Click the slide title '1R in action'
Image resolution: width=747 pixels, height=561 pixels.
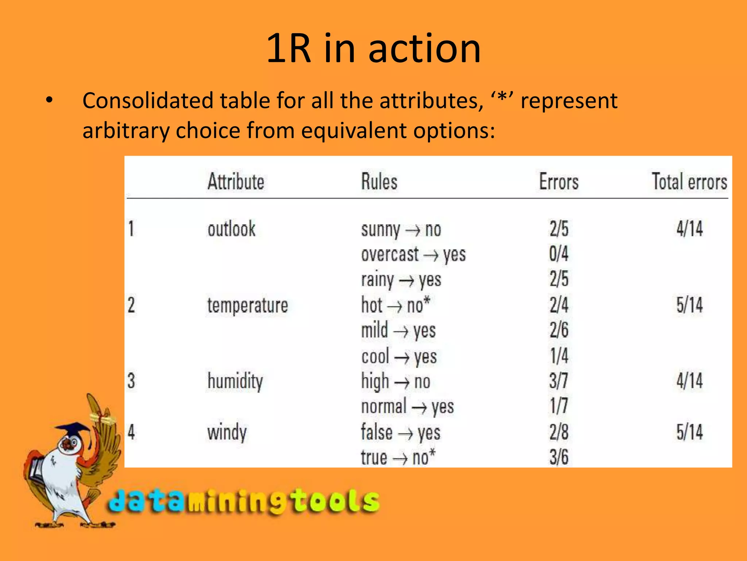coord(373,48)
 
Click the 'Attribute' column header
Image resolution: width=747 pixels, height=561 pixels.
coord(236,182)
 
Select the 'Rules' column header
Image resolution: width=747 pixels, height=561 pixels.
coord(379,182)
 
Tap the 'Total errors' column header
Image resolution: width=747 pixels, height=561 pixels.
coord(689,182)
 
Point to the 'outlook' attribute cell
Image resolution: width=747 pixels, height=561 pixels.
coord(232,229)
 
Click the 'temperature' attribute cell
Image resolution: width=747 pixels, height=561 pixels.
coord(248,305)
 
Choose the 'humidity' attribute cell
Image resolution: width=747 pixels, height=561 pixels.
coord(235,381)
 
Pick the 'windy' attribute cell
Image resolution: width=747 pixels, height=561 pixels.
coord(227,432)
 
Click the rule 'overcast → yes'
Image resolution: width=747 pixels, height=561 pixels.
coord(413,255)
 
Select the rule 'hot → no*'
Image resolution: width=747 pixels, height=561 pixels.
coord(396,305)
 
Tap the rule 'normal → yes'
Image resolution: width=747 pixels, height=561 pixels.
coord(407,407)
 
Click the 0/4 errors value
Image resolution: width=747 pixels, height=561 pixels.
coord(559,254)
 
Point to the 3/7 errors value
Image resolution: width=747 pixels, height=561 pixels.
coord(559,381)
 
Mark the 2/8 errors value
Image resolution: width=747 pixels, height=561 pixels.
coord(559,432)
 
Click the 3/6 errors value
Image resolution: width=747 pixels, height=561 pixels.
coord(559,457)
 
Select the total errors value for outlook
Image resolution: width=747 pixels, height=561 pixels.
coord(689,229)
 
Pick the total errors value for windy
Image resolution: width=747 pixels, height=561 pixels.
coord(689,432)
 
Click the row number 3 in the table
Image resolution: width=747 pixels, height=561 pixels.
coord(131,381)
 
